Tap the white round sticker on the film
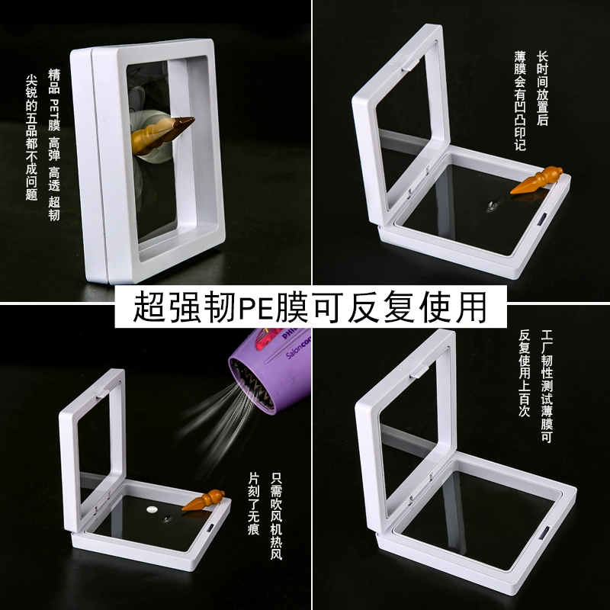tap(152, 509)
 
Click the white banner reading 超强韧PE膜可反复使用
tap(310, 307)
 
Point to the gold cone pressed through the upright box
tap(162, 134)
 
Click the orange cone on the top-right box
tap(537, 180)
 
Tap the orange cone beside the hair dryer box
tap(203, 500)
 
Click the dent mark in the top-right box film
tap(491, 205)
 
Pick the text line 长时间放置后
tap(542, 88)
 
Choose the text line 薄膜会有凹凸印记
tap(520, 101)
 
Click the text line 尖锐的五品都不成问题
tap(31, 137)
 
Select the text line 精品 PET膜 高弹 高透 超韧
tap(54, 145)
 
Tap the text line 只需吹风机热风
tap(276, 516)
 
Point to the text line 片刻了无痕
tap(254, 503)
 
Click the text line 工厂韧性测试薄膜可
tap(547, 387)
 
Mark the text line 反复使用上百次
tap(525, 374)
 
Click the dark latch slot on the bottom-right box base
tap(544, 532)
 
